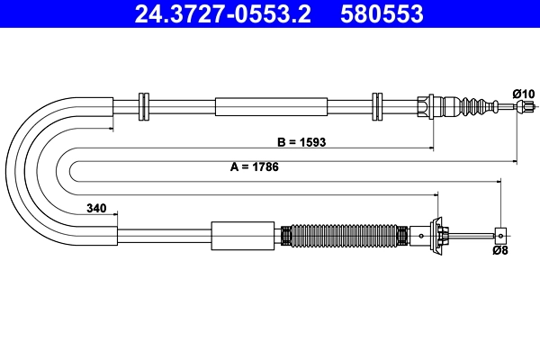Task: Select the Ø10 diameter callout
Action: click(x=523, y=93)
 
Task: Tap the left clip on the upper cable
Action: click(x=142, y=106)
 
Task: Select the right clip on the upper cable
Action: click(x=377, y=106)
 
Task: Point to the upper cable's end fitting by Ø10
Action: click(x=519, y=107)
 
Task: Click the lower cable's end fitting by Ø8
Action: click(x=499, y=236)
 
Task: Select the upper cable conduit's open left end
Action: click(x=112, y=107)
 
